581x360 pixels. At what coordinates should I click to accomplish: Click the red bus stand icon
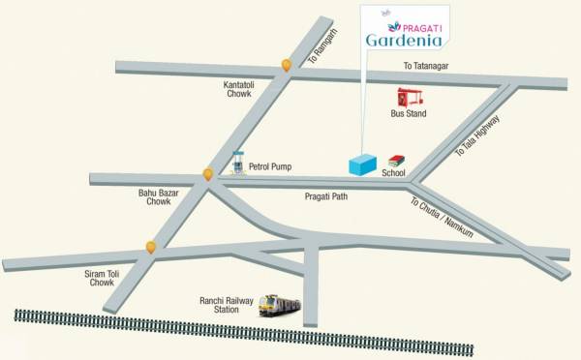pos(409,97)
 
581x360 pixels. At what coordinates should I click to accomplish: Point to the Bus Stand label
pos(409,114)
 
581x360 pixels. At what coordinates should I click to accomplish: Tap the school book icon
pos(395,160)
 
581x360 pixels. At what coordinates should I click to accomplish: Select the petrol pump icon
pos(237,163)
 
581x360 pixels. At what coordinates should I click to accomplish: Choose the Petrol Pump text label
pos(270,166)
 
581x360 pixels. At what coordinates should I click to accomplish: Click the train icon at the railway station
pos(279,306)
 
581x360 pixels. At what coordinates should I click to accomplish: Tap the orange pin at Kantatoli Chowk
pos(286,65)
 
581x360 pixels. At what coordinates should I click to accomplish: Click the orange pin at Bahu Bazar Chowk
pos(207,174)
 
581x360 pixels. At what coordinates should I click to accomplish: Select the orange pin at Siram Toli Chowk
pos(150,247)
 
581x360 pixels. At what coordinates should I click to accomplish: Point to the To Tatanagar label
pos(427,66)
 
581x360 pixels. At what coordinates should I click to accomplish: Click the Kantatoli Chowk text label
pos(237,89)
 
